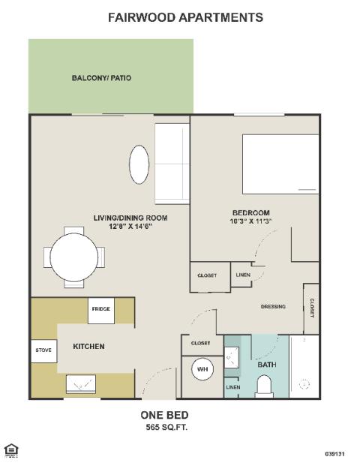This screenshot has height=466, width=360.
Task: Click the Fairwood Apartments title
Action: (185, 17)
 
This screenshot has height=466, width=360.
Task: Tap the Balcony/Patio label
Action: (101, 78)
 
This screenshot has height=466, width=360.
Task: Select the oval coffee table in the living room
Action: (139, 164)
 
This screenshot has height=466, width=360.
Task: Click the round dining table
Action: (74, 257)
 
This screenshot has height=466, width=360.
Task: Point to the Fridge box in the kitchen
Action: (101, 311)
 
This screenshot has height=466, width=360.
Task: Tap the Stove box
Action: (43, 350)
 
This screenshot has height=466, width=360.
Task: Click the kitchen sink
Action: (81, 384)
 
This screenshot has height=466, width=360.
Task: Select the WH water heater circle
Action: (202, 369)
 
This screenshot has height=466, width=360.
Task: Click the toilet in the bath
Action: (264, 386)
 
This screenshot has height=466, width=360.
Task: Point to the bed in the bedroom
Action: (280, 164)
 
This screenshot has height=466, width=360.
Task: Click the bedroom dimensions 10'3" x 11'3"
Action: (251, 221)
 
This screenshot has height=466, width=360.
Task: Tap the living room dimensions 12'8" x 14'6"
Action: (130, 227)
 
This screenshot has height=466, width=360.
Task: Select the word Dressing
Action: (273, 306)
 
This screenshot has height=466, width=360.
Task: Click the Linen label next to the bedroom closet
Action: (243, 275)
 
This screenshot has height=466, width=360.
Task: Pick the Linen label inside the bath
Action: (232, 387)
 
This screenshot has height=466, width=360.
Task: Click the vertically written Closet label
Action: (312, 308)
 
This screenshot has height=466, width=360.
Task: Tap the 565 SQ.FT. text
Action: (166, 428)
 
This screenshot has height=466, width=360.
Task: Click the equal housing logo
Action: (11, 450)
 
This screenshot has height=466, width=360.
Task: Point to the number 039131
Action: (334, 454)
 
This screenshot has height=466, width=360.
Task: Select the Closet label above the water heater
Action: (201, 343)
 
